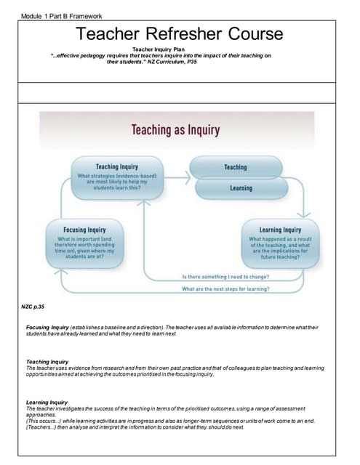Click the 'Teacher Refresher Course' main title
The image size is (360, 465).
[x=180, y=33]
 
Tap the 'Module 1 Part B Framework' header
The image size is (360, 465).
[x=62, y=16]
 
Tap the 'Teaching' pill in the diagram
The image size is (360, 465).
[x=235, y=167]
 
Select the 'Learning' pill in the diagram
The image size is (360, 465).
[x=241, y=188]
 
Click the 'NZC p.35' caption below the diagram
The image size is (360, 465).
[x=33, y=307]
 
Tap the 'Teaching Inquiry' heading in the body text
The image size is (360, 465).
[x=47, y=361]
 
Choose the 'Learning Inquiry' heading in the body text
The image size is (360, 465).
[x=47, y=402]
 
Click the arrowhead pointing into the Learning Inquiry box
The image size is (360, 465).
[x=305, y=215]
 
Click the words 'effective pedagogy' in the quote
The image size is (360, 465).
[x=84, y=56]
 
